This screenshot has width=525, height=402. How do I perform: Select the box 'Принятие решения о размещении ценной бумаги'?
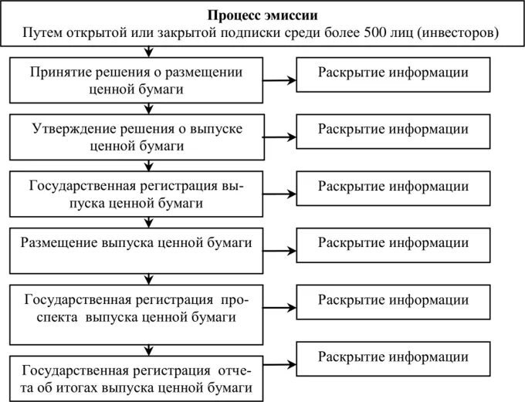tap(136, 79)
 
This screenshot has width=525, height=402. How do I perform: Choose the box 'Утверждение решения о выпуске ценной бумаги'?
tap(136, 136)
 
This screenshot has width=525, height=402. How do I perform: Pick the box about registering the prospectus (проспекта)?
tap(136, 307)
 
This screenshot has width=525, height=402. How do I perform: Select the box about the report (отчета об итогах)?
tap(136, 377)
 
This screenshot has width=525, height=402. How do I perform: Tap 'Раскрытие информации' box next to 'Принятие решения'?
tap(393, 74)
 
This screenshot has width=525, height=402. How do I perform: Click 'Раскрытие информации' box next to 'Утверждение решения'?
tap(393, 130)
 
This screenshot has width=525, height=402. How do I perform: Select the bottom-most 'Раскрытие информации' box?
tap(393, 359)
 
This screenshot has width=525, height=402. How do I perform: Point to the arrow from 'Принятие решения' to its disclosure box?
tap(279, 81)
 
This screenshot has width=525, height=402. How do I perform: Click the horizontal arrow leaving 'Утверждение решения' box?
tap(279, 138)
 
